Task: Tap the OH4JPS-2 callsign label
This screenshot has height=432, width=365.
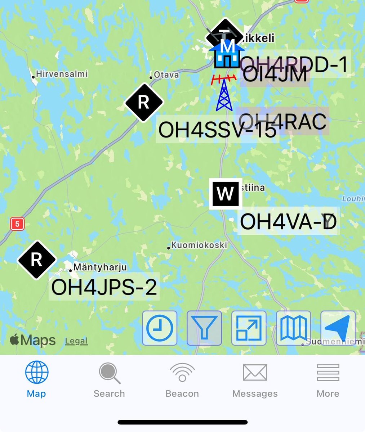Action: coord(104,287)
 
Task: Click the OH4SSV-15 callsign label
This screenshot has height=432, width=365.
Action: coord(217,130)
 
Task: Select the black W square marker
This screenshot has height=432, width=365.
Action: coord(226,194)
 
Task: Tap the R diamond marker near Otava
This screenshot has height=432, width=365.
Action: coord(144,103)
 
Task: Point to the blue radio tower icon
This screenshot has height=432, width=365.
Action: coord(224,94)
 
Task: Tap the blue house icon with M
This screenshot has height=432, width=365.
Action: coord(227,54)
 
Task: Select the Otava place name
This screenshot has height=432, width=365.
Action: coord(166,75)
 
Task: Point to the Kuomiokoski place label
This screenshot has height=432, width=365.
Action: coord(199,245)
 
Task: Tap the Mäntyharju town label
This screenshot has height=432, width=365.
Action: coord(100,267)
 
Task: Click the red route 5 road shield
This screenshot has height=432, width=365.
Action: coord(17,224)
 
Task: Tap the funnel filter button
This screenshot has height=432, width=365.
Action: coord(204,328)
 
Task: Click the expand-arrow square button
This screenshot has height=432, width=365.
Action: coord(249,328)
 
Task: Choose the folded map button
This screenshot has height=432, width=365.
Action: coord(293,328)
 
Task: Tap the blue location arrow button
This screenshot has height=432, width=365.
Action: coord(338,328)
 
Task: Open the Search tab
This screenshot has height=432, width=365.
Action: coord(109,380)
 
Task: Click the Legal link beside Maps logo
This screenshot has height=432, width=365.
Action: coord(76,341)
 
